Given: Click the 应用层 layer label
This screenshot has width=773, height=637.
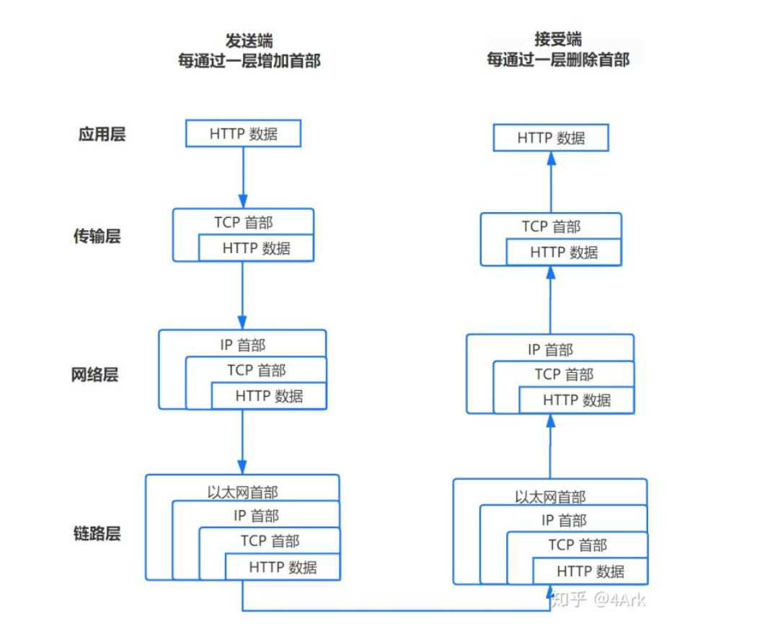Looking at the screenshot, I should click(102, 134).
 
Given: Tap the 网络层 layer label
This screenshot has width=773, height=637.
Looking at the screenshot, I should click(94, 375).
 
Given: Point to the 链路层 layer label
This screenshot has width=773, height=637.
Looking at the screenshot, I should click(97, 534).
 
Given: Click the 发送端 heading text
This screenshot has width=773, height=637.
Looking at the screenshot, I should click(249, 40).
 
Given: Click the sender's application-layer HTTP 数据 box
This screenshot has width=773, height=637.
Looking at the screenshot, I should click(243, 134).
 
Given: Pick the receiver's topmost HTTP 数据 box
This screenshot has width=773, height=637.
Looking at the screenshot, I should click(551, 138).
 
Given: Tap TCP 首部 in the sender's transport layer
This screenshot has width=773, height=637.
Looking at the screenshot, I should click(243, 222).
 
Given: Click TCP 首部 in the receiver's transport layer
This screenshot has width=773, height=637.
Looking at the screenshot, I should click(551, 227).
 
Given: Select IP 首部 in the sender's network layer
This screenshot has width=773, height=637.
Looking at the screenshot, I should click(242, 345).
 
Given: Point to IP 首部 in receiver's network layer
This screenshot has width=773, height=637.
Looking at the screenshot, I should click(550, 350).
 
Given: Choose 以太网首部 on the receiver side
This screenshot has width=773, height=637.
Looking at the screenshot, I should click(550, 497).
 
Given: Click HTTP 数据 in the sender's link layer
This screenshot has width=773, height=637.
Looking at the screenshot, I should click(283, 567).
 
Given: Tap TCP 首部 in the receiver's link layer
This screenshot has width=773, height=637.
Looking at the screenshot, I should click(577, 545).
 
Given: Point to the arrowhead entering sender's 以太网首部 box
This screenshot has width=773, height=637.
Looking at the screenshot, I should click(243, 467).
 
